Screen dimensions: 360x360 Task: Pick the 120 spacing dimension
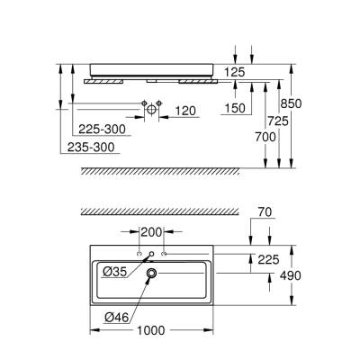(185, 112)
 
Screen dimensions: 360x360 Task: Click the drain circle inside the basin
(151, 273)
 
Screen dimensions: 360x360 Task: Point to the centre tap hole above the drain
(151, 255)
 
